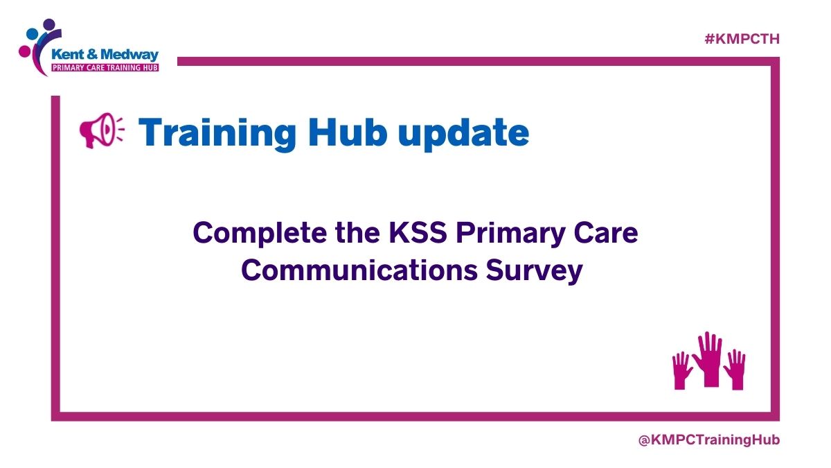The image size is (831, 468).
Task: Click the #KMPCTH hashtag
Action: tap(742, 40)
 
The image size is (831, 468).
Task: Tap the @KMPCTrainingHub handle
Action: tap(709, 440)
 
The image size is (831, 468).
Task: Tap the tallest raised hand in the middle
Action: tap(708, 358)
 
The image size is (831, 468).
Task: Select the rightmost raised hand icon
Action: tap(735, 370)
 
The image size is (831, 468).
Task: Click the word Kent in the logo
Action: tap(69, 53)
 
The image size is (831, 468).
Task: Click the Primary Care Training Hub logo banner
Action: tap(105, 68)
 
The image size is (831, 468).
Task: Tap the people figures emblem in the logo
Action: tap(36, 42)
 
